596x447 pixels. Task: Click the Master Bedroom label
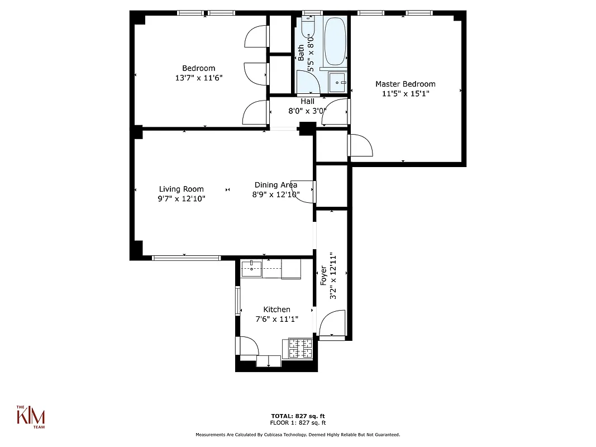(x=405, y=84)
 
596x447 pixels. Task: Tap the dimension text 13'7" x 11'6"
(x=198, y=78)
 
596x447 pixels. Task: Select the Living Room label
(x=181, y=189)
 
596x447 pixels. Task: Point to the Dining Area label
(x=275, y=185)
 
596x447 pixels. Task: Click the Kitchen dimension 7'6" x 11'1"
(x=276, y=319)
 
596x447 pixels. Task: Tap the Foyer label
(x=323, y=277)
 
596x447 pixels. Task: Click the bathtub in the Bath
(x=335, y=42)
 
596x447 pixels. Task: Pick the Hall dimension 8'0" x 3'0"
(x=307, y=111)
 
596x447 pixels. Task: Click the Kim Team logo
(x=30, y=416)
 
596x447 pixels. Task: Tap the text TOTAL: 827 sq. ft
(x=298, y=416)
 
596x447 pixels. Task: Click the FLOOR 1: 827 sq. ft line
(x=298, y=422)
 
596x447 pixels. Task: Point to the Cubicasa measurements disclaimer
(x=298, y=435)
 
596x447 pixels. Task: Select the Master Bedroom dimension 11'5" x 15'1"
(x=405, y=94)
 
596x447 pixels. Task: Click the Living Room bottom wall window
(x=187, y=258)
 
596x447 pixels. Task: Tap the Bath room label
(x=302, y=53)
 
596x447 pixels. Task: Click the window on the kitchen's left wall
(x=237, y=300)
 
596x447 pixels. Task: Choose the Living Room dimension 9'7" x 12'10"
(x=181, y=198)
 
